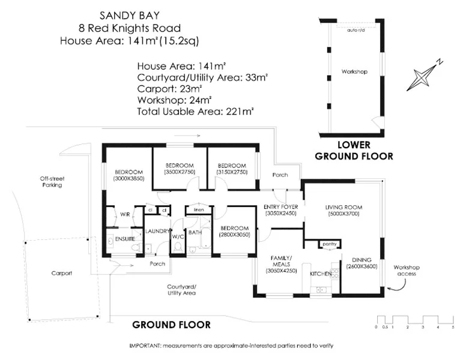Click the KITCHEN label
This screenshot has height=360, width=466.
[319, 274]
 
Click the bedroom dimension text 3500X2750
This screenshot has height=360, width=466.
[180, 172]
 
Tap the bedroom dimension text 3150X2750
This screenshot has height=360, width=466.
[232, 172]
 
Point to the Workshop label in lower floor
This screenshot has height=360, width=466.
[354, 72]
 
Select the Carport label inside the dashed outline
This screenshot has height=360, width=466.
[61, 273]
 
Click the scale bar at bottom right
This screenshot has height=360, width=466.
[415, 320]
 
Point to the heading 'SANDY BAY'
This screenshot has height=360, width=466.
[129, 14]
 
